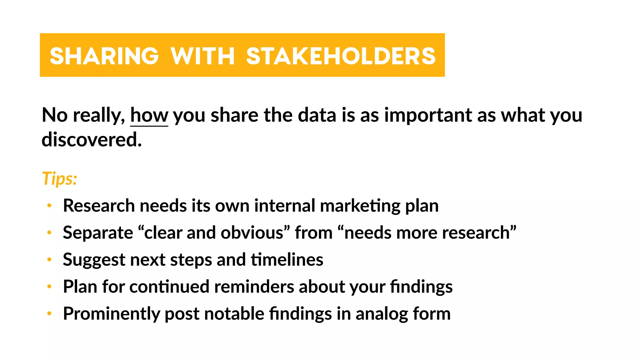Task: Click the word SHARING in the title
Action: coord(104,56)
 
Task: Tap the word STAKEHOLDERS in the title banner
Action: coord(341,56)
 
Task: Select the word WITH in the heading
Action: coord(202,56)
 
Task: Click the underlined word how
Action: coord(149,115)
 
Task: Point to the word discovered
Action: coord(92,139)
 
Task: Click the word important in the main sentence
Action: coord(428,115)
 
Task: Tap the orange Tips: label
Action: coord(59,179)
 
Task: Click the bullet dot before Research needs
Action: coord(49,206)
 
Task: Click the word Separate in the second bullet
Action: coord(98,233)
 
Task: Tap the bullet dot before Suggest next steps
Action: coord(49,260)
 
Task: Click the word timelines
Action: coord(287,260)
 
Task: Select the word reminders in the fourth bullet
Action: coord(254,287)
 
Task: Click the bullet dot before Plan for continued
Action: coord(49,287)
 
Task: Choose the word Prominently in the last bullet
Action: coord(112,314)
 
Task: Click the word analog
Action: coord(382,314)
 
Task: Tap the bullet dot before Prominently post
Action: coord(49,313)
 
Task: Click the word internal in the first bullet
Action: coord(285,206)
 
